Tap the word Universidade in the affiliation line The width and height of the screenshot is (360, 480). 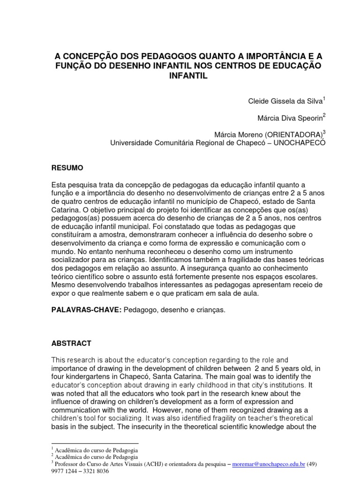coord(131,143)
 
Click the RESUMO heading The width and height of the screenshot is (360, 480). coord(67,167)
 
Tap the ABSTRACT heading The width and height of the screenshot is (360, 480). coord(71,343)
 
